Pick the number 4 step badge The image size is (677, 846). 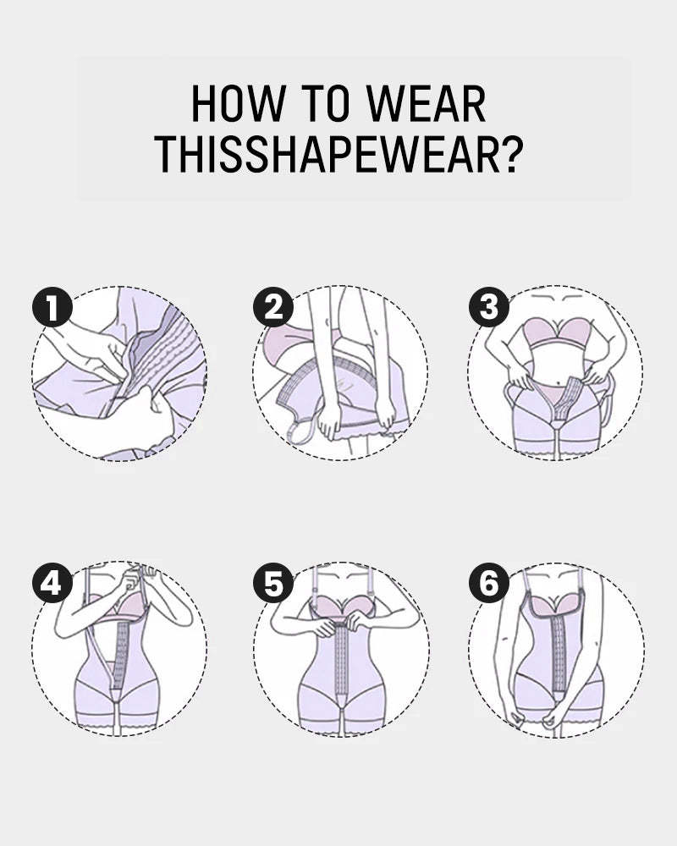tap(52, 584)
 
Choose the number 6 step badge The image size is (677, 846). tap(489, 584)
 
